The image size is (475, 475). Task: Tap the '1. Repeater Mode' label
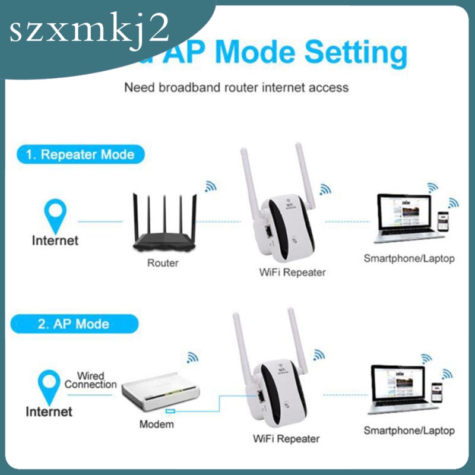point(80,155)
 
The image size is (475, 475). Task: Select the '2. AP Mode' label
point(74,324)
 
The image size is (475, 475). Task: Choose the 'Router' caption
point(162,262)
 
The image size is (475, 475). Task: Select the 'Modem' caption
point(156,424)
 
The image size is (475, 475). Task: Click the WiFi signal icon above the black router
point(210,186)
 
